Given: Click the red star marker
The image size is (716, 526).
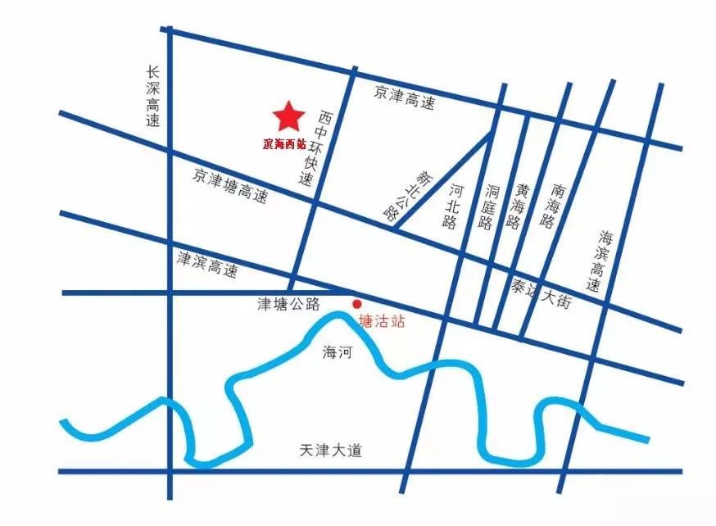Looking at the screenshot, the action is pos(288,117).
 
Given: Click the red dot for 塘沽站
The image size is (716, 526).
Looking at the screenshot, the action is pos(356,304).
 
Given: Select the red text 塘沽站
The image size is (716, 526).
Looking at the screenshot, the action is pos(382,322).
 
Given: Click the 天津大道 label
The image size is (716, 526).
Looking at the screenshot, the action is pos(330,451).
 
